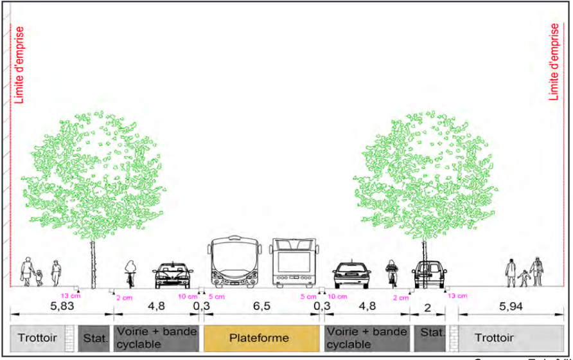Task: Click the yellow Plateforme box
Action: [x=261, y=338]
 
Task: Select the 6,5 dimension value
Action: [x=261, y=307]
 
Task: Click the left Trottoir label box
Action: [x=37, y=338]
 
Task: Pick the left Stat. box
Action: [x=96, y=338]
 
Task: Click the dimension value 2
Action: [x=427, y=307]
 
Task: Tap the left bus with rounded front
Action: [x=234, y=263]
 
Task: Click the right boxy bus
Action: [x=294, y=263]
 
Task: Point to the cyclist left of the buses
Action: [x=131, y=273]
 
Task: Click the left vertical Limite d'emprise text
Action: [x=19, y=64]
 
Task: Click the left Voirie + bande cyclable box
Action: [x=156, y=338]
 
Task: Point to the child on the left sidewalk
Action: [x=40, y=278]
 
